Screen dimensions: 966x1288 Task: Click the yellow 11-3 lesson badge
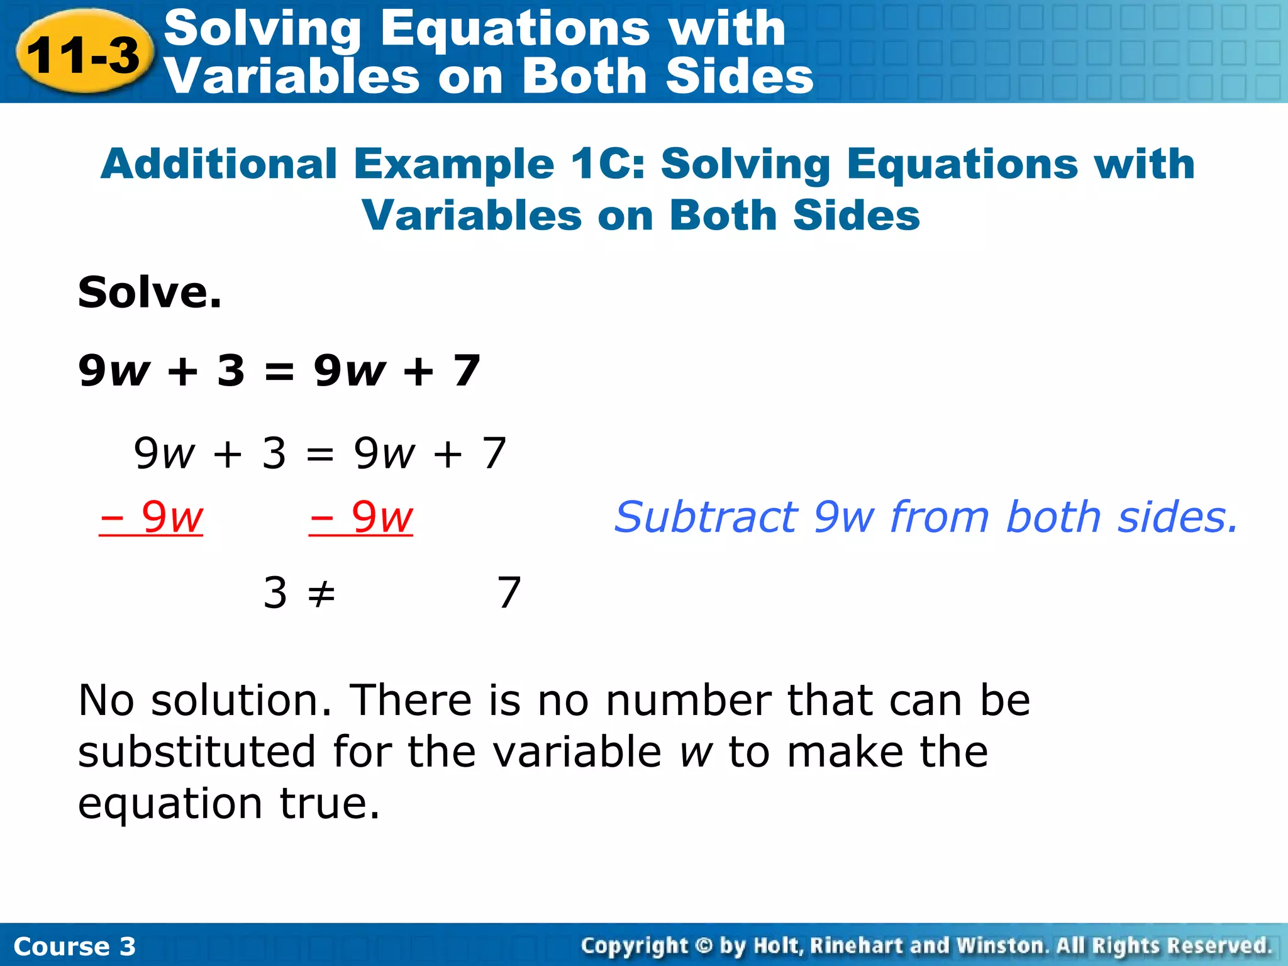pyautogui.click(x=84, y=54)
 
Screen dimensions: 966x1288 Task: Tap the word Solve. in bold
pyautogui.click(x=150, y=293)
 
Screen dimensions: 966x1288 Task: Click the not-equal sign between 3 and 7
pyautogui.click(x=321, y=593)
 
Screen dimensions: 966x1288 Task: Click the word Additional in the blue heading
pyautogui.click(x=219, y=164)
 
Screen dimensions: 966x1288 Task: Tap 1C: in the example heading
pyautogui.click(x=608, y=164)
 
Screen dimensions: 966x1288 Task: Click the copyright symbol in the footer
pyautogui.click(x=704, y=945)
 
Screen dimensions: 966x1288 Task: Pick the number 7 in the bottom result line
pyautogui.click(x=509, y=592)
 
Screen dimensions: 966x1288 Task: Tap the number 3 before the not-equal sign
pyautogui.click(x=275, y=592)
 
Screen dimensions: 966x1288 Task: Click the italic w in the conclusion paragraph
pyautogui.click(x=696, y=753)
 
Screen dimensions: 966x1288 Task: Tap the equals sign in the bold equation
pyautogui.click(x=279, y=370)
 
